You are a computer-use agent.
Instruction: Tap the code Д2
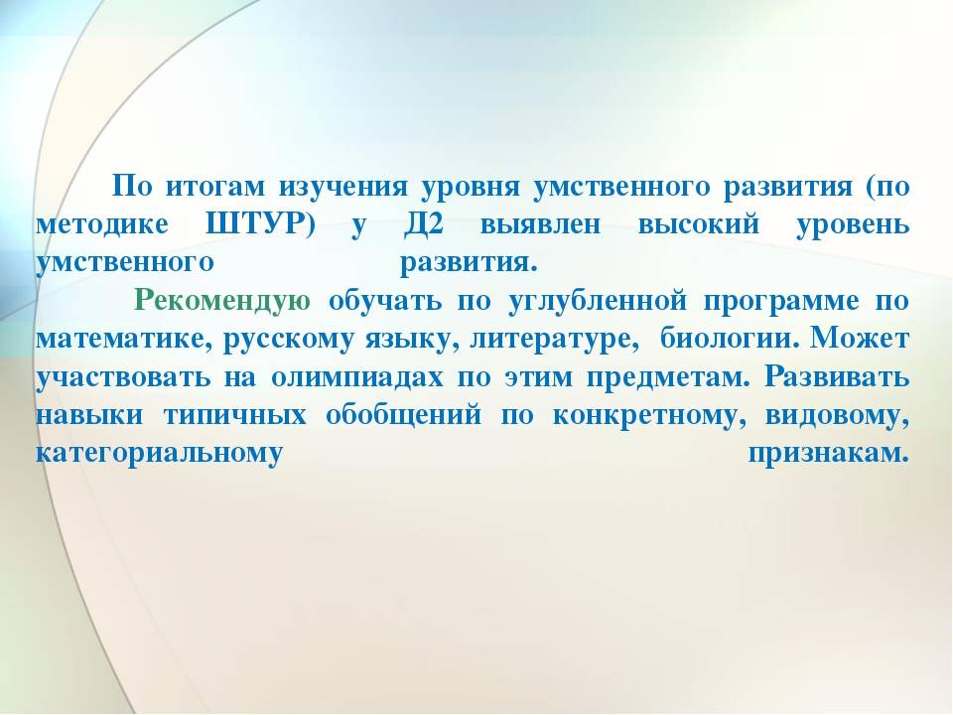[x=424, y=225]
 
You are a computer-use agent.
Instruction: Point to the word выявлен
[x=540, y=225]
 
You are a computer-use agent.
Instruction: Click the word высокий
[x=698, y=225]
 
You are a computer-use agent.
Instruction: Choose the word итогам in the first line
[x=215, y=187]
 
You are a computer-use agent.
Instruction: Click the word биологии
[x=730, y=340]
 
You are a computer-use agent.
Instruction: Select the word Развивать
[x=837, y=378]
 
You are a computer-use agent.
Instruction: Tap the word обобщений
[x=404, y=416]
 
